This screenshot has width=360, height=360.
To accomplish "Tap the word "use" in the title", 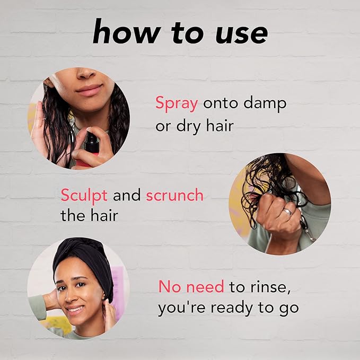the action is (242, 34).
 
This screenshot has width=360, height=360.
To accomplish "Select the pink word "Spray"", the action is (177, 104).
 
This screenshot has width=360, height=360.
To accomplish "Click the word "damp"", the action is (265, 104).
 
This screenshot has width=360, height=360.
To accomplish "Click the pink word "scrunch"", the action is (175, 195).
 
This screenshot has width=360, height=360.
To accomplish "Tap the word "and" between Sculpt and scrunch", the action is (127, 195).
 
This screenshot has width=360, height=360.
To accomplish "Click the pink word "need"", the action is (205, 286).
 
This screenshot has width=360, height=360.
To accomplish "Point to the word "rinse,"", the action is (270, 287).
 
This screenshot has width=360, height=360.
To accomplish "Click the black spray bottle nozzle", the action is (92, 140).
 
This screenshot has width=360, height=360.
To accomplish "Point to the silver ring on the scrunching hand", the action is (287, 212).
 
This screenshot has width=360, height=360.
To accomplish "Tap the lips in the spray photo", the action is (89, 90).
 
